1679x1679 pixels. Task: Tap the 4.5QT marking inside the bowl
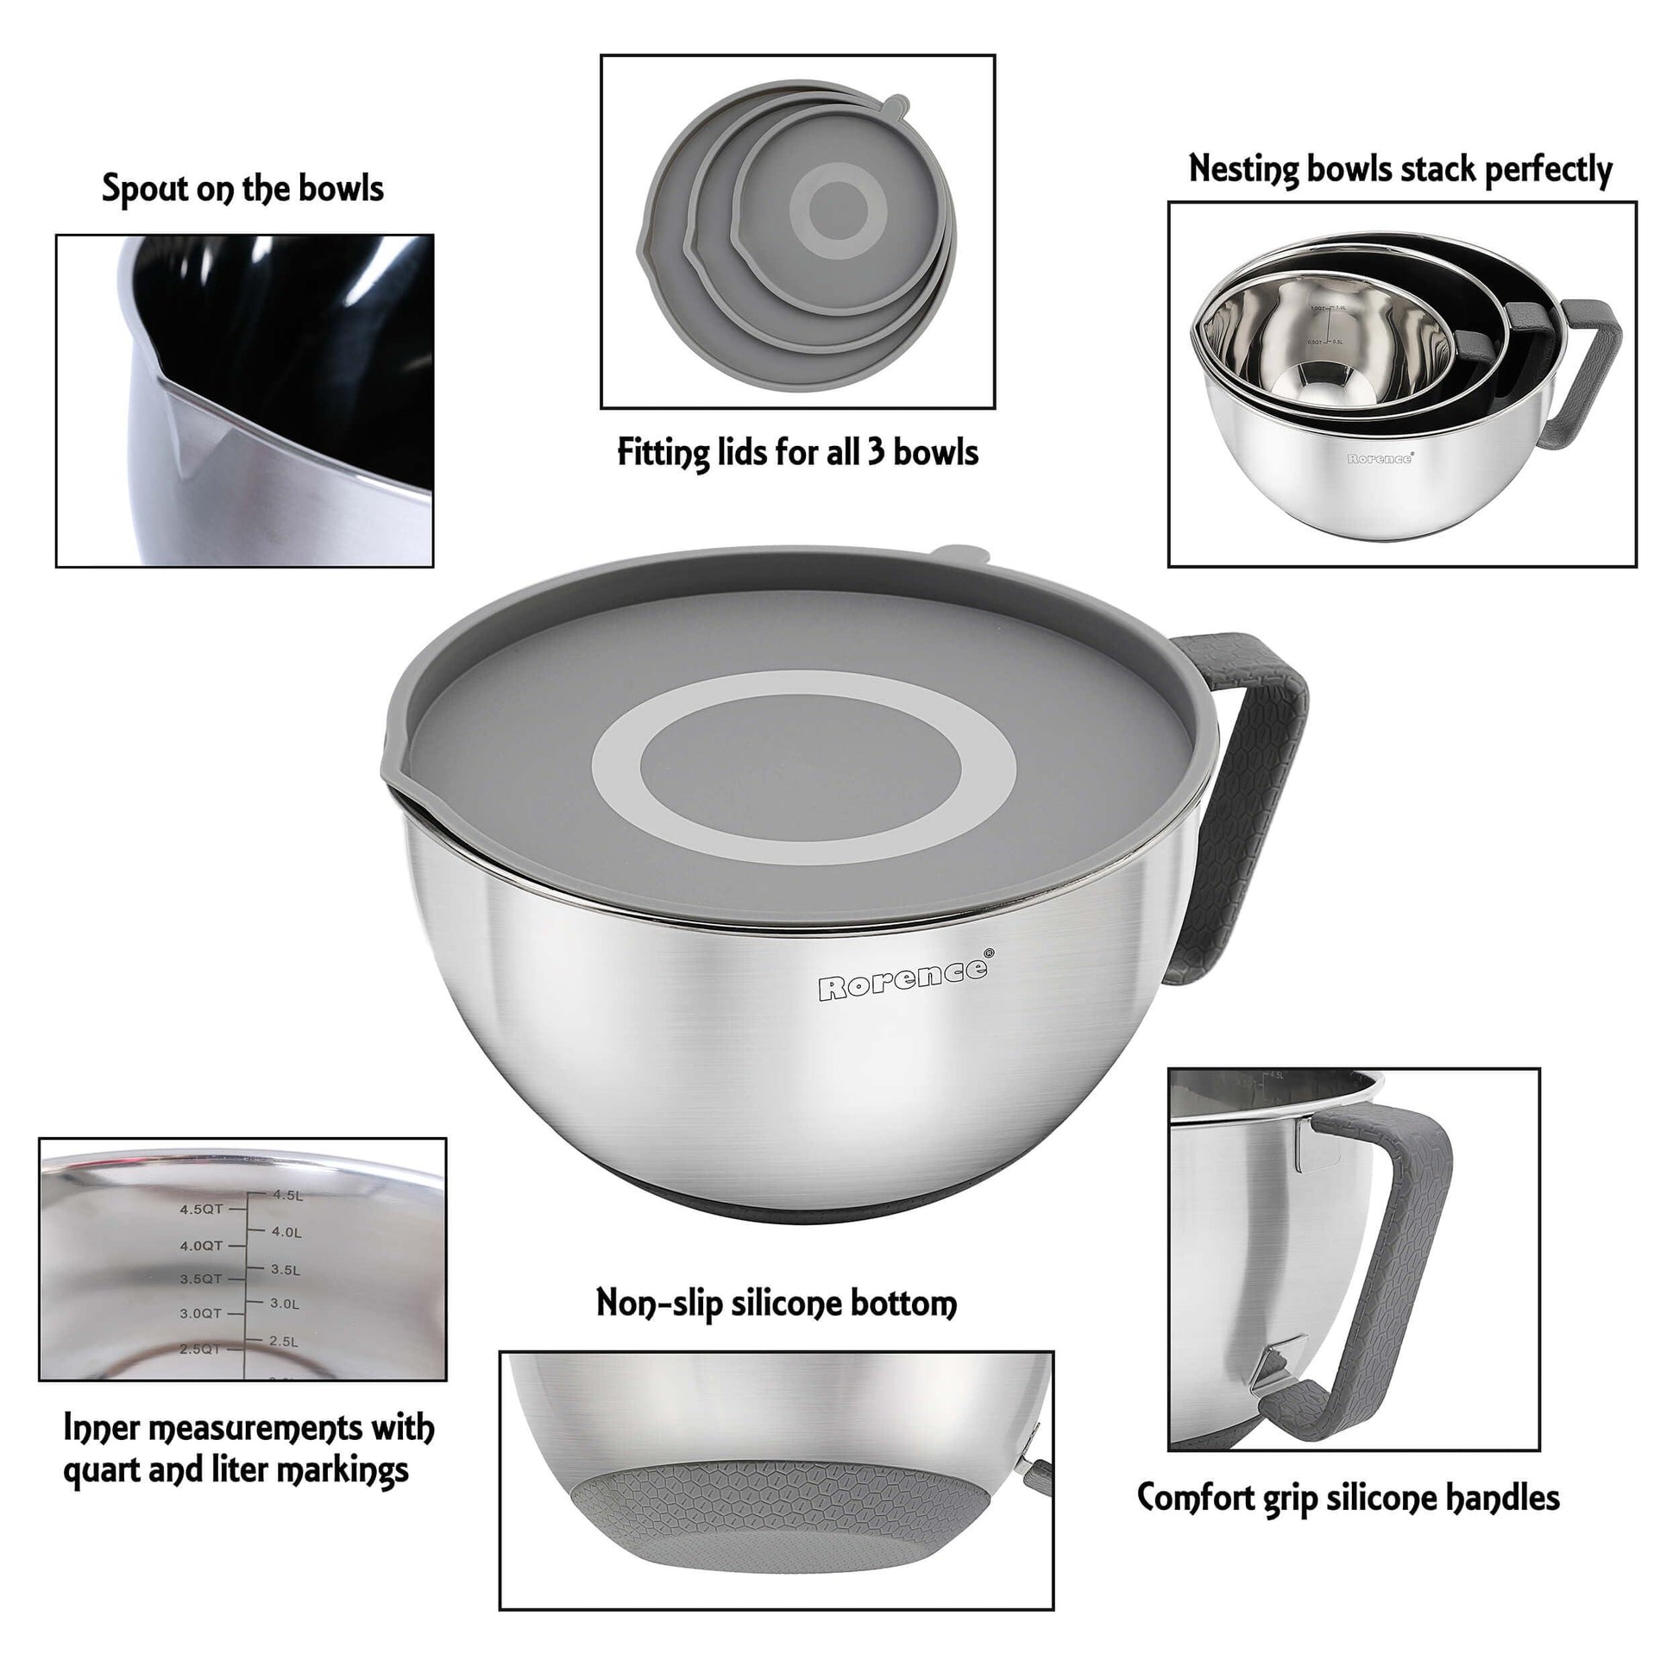point(202,1209)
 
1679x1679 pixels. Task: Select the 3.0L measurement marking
point(285,1304)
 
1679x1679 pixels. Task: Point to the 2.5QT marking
point(200,1349)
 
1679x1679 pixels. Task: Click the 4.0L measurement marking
point(286,1232)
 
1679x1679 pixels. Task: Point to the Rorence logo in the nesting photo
point(1379,458)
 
